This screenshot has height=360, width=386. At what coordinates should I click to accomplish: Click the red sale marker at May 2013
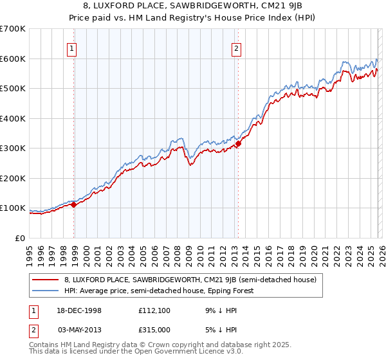coord(238,144)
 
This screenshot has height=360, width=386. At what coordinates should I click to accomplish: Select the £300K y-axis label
coord(13,148)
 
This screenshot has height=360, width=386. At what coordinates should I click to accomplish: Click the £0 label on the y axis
coord(19,239)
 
